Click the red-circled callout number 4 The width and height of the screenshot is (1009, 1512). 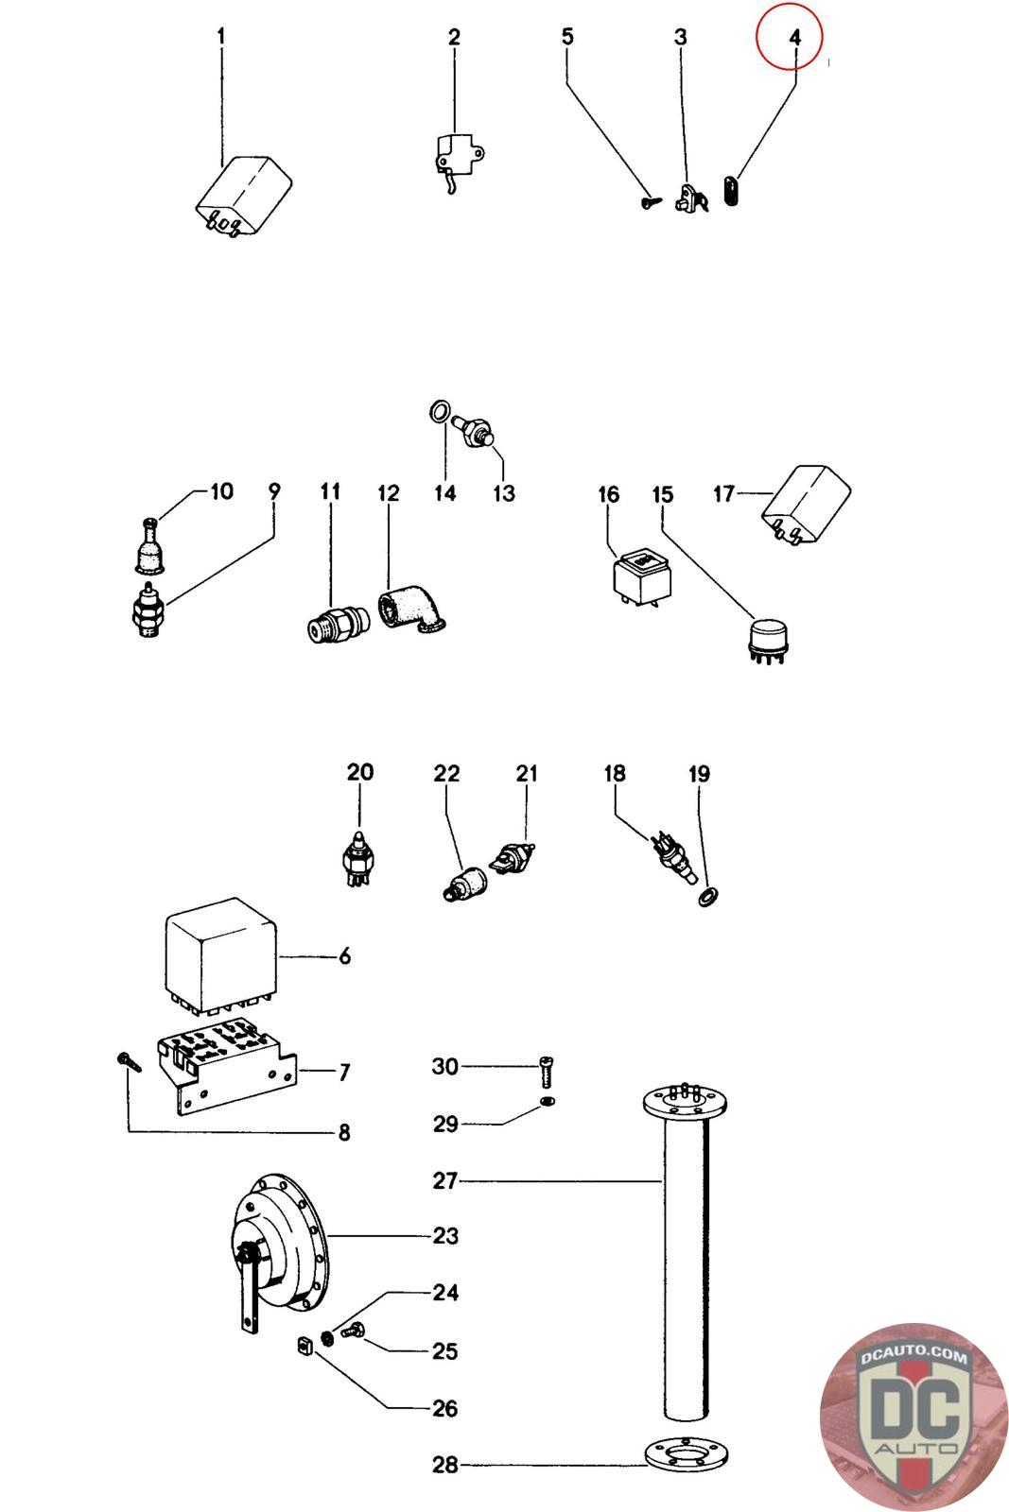click(x=795, y=38)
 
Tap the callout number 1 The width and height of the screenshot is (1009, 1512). click(x=221, y=37)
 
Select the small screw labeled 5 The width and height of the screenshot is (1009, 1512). click(x=651, y=201)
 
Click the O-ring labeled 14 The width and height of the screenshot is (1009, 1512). click(x=441, y=411)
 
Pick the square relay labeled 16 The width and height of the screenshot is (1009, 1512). click(x=643, y=577)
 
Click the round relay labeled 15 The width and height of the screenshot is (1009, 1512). click(x=768, y=637)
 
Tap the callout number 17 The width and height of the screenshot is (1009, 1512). click(x=723, y=494)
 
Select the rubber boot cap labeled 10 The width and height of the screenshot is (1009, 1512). click(x=150, y=545)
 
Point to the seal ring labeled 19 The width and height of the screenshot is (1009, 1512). click(x=707, y=898)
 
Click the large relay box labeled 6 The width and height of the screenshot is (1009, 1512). click(x=221, y=954)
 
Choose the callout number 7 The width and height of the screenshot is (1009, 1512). click(x=344, y=1072)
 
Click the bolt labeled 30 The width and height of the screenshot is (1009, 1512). click(x=547, y=1072)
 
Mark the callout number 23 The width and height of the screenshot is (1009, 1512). click(x=445, y=1236)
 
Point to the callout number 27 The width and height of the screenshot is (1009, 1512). click(x=445, y=1181)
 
